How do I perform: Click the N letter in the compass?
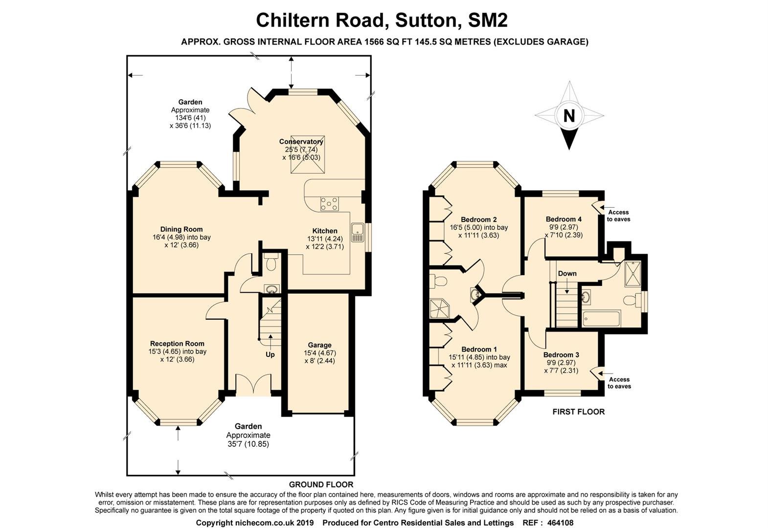click(569, 116)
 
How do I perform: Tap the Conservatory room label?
click(301, 141)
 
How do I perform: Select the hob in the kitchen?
click(329, 203)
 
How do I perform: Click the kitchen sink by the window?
click(357, 233)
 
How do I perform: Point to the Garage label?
click(319, 345)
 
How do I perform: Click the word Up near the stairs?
click(270, 354)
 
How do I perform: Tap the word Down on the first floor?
click(567, 273)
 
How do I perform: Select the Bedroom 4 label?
click(564, 219)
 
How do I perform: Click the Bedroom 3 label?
click(561, 354)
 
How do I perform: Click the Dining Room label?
click(181, 229)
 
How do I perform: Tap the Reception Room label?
click(177, 343)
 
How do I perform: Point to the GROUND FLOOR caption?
click(321, 484)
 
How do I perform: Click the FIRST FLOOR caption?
click(578, 412)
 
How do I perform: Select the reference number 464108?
click(560, 523)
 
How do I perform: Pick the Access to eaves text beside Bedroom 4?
click(618, 216)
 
